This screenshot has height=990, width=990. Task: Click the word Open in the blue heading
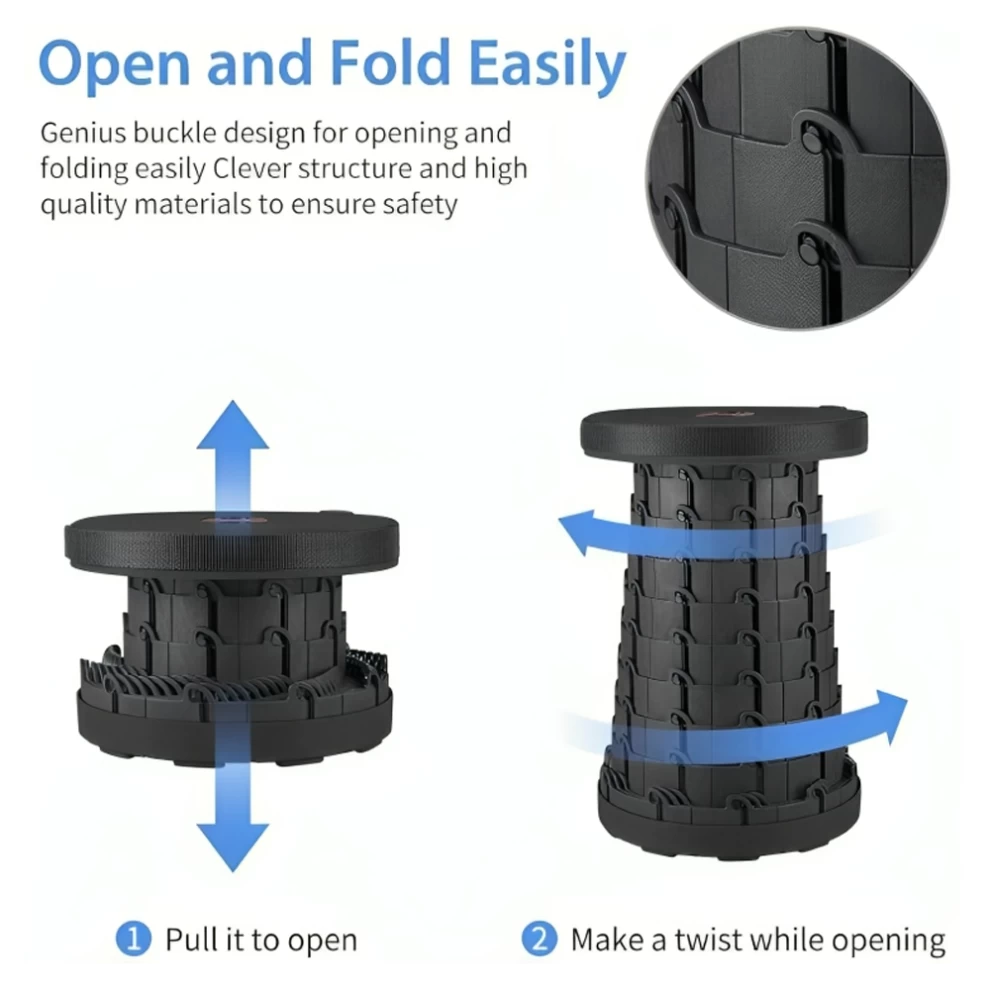114,63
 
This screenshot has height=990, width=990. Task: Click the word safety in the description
419,205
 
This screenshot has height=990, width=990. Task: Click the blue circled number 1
133,939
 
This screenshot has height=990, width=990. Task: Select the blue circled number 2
539,939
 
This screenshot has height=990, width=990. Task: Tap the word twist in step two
707,939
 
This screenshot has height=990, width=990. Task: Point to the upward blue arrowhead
232,424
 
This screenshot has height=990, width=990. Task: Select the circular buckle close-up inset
797,178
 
